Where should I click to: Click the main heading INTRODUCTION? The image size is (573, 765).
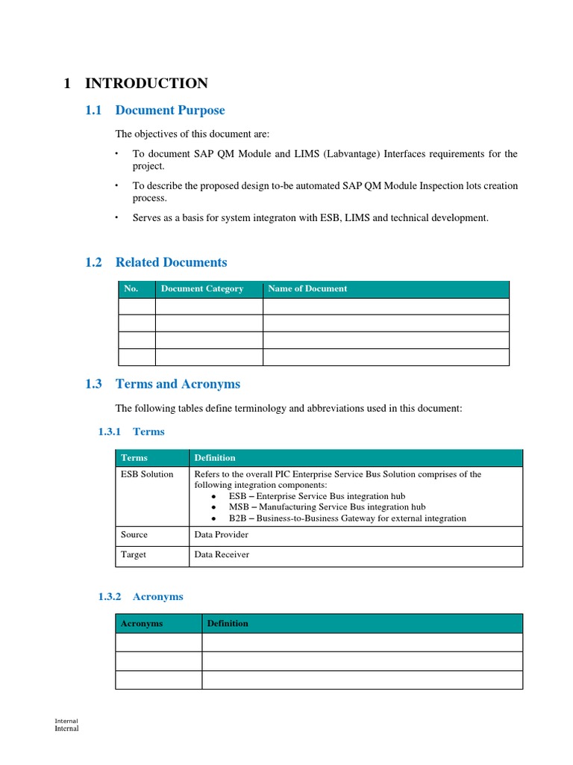(146, 84)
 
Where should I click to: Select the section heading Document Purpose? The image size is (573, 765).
(169, 111)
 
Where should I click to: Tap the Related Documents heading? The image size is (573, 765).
(171, 262)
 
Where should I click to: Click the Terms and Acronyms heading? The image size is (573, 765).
(178, 384)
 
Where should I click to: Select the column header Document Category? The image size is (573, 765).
(202, 289)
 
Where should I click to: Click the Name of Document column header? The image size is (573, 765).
(307, 289)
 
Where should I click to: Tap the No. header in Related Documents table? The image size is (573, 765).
(131, 289)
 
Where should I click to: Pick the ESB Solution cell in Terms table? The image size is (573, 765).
(147, 474)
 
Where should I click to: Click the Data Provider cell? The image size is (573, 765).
(221, 535)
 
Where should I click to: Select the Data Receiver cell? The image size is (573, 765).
(222, 555)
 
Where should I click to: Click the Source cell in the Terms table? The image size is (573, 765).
(134, 535)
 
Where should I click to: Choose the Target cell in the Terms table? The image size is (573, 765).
(134, 555)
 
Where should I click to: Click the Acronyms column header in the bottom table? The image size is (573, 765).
(142, 624)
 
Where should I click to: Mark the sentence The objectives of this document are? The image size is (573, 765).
(192, 134)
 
